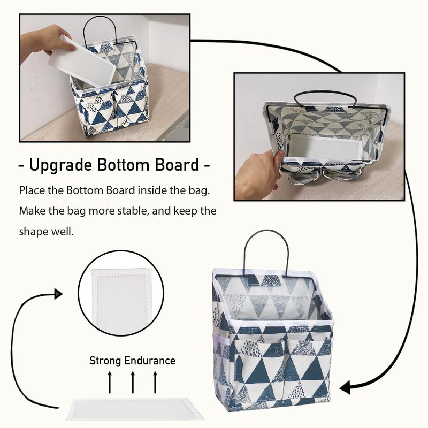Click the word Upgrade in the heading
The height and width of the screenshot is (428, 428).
[60, 165]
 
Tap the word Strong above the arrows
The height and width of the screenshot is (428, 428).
[105, 361]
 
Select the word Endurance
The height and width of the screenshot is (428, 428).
[150, 361]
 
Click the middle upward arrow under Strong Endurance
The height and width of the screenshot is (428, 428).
[133, 382]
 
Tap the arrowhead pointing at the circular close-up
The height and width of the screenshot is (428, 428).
[58, 294]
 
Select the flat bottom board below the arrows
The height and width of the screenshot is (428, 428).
[134, 409]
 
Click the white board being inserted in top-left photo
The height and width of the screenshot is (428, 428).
[82, 61]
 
